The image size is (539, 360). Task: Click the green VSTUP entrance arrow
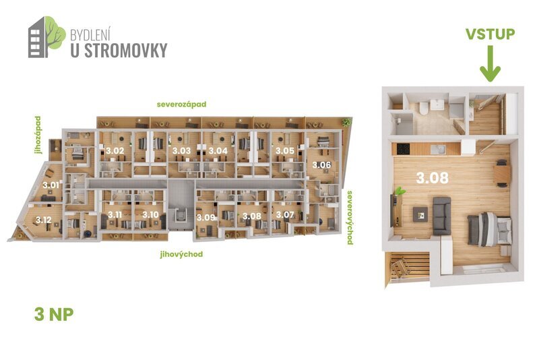coord(490,65)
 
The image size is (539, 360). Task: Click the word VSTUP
coord(490,34)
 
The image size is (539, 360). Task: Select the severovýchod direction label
coord(350,217)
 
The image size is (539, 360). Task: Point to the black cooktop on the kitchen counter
coord(402,149)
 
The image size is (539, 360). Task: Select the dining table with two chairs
coord(502,175)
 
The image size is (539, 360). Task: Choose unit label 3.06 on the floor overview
coord(321,164)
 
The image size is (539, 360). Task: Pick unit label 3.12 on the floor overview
coord(44,219)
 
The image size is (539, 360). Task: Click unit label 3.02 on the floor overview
coord(116,150)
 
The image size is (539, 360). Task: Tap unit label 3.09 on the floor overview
coord(205,217)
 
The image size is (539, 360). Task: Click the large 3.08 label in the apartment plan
coord(431,179)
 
